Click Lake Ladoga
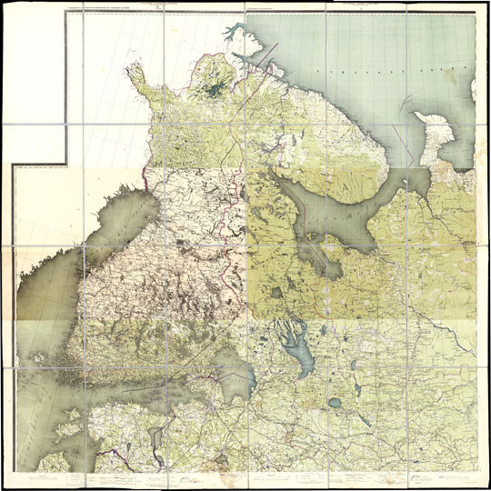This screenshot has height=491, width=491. tap(233, 373)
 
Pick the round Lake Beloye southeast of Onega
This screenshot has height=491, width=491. tap(335, 402)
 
